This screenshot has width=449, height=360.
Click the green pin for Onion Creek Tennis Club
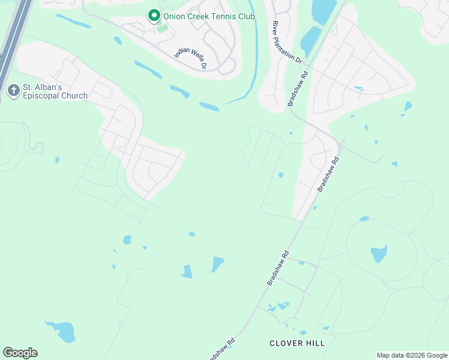tap(154, 15)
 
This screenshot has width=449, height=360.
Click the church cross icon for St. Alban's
tap(13, 91)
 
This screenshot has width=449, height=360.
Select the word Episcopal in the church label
tap(42, 95)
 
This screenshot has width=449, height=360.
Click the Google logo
tap(20, 353)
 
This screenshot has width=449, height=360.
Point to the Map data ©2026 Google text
tap(411, 355)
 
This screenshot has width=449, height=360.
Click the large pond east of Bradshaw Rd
tap(378, 253)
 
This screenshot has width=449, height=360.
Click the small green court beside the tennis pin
tap(163, 28)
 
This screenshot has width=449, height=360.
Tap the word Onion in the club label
tap(175, 15)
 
